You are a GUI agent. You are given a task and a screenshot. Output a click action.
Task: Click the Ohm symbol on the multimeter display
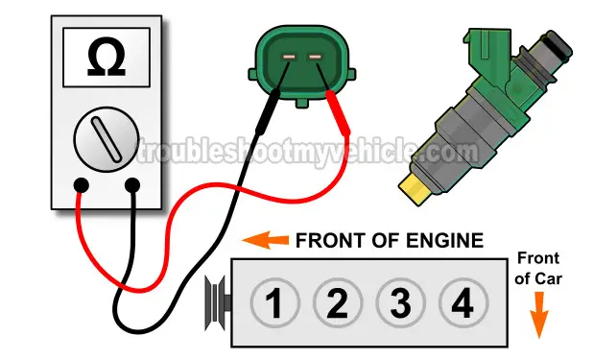coord(107,57)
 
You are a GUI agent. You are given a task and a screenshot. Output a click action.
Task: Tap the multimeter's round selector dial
coord(107,139)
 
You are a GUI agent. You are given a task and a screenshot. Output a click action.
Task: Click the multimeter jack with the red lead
coord(82,185)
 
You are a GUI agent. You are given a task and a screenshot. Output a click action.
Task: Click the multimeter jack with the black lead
coord(132,185)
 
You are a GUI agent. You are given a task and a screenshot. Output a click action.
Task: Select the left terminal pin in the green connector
coord(289,57)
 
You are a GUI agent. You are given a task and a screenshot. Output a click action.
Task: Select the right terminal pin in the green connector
coord(315,57)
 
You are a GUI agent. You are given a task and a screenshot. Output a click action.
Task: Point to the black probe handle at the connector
coord(268,111)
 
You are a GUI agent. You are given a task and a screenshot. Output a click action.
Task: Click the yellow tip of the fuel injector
coord(415,188)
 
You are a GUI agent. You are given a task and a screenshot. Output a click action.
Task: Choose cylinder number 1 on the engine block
coord(275,302)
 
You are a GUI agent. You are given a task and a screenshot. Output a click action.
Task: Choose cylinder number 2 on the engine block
coord(338,302)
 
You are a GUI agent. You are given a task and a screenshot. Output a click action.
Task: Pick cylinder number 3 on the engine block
coord(401,302)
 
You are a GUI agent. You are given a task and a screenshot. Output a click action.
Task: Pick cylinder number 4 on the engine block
coord(463,302)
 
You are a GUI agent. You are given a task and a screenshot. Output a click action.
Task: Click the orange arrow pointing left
coord(265,240)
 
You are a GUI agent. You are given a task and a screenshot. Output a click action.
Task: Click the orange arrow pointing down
coord(539,315)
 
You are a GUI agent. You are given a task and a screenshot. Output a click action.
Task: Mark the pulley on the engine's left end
coord(218,302)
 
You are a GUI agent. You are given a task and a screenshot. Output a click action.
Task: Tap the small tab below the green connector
coord(302,103)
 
